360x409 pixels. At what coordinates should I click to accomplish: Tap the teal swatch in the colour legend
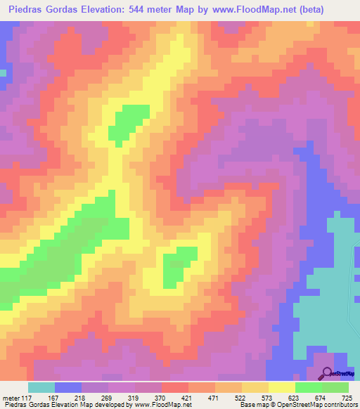click(x=41, y=387)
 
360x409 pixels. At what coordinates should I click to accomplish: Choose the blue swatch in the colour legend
click(x=68, y=387)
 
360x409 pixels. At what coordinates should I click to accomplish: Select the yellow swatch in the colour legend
click(x=282, y=387)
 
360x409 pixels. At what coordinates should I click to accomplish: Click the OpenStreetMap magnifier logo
click(x=327, y=374)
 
